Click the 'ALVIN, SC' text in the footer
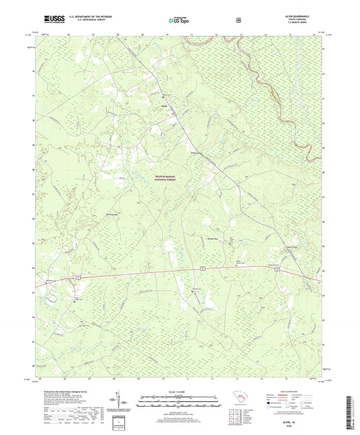click(x=309, y=419)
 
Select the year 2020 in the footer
click(x=309, y=425)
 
